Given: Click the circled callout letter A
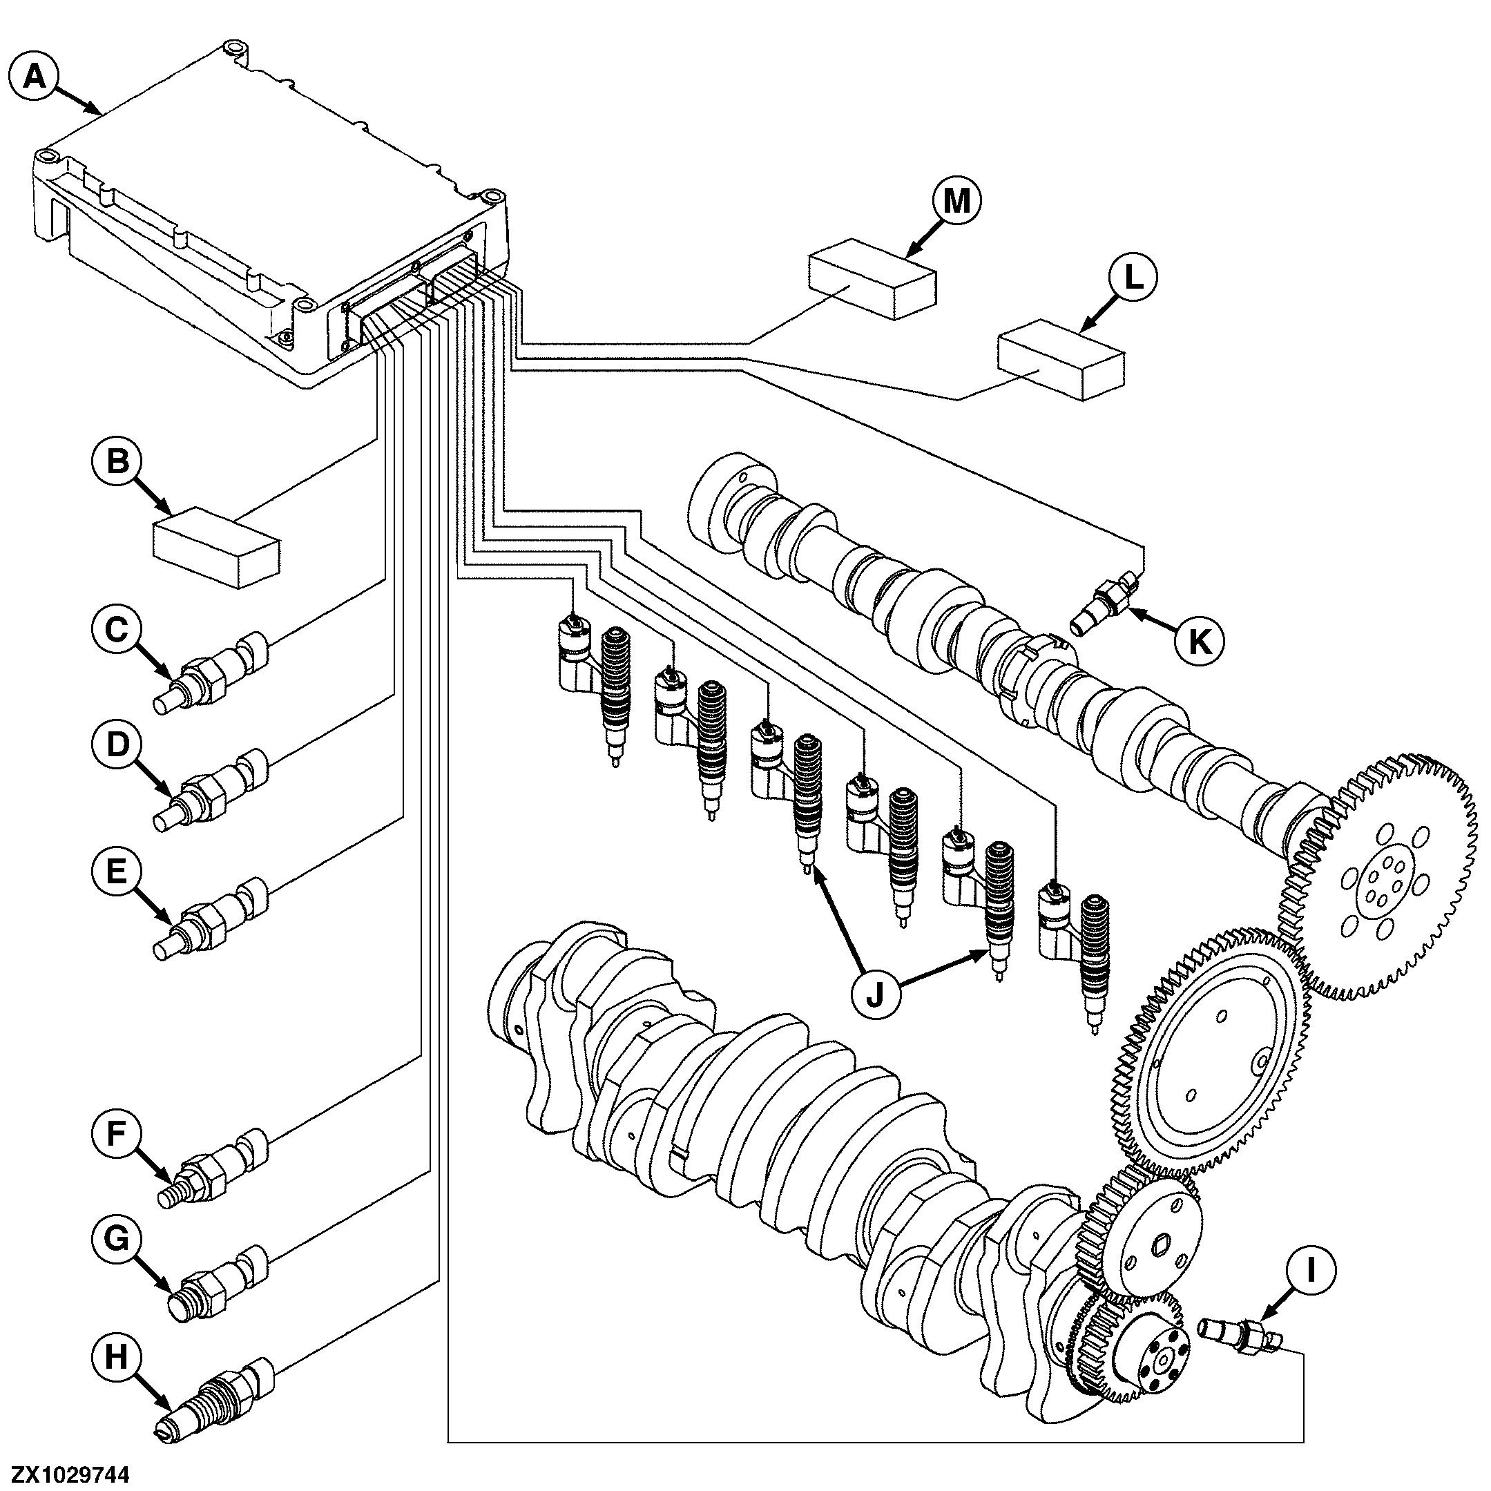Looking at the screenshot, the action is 34,77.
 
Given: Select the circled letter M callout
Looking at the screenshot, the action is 957,202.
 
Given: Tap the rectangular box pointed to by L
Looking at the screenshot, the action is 1061,359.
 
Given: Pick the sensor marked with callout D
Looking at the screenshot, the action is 212,789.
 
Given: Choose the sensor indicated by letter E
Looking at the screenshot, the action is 212,918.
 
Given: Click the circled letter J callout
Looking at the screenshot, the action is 875,996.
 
